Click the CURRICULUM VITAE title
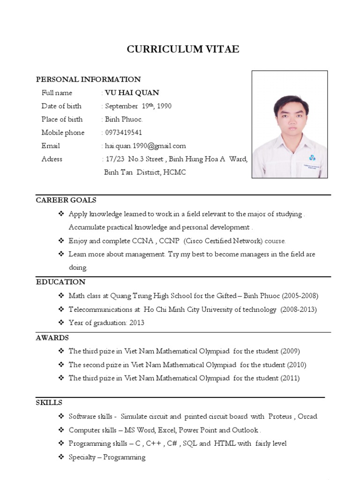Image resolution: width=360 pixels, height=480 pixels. (x=183, y=49)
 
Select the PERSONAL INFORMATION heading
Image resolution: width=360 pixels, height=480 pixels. (x=89, y=79)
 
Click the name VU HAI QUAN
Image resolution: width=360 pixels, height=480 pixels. (x=132, y=92)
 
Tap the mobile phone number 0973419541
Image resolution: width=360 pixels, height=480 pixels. (x=124, y=132)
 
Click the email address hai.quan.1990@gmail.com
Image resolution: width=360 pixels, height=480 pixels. (x=145, y=146)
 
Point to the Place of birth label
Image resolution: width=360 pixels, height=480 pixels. (x=62, y=119)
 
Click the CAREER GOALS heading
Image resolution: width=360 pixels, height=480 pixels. (x=66, y=200)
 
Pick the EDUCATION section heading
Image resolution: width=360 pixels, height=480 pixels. (x=61, y=282)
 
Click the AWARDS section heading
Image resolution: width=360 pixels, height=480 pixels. (x=52, y=337)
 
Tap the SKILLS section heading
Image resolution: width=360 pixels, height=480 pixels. (x=49, y=403)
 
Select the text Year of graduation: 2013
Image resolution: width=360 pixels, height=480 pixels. (x=106, y=322)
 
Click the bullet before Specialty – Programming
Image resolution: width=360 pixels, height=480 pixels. (x=61, y=457)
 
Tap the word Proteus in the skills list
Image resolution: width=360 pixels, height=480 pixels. (x=279, y=416)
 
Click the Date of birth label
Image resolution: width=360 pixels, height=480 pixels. (x=61, y=106)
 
